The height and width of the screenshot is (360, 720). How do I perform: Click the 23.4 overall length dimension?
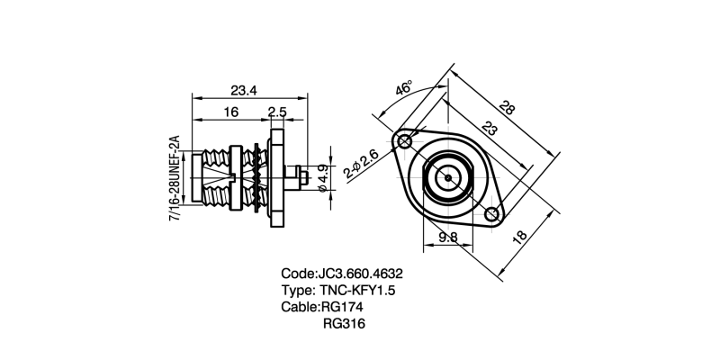click(x=244, y=89)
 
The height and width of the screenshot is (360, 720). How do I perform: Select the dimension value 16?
click(x=231, y=112)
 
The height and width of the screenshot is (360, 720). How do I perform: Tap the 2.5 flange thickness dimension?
click(x=277, y=112)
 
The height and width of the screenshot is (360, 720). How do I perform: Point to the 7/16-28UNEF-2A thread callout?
click(x=175, y=180)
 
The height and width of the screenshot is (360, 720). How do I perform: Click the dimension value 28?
click(x=508, y=110)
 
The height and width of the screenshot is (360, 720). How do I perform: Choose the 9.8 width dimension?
click(x=447, y=238)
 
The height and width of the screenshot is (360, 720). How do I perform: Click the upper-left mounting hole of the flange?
click(x=404, y=141)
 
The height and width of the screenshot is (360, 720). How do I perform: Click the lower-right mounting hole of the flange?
click(x=491, y=214)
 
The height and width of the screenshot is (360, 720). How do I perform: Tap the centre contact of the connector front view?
click(x=447, y=177)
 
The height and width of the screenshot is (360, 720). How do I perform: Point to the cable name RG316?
click(x=347, y=324)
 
